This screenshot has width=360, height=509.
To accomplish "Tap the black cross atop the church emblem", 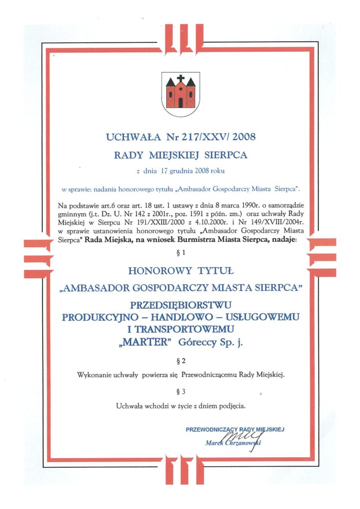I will point(180,79).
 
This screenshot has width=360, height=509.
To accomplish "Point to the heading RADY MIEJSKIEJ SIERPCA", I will point(180,155).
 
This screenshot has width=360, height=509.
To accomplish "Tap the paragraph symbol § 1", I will point(180,253).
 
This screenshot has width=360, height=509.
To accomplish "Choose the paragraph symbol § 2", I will point(180,358).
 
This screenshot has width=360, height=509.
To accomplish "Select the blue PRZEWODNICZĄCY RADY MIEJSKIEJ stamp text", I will point(235,428).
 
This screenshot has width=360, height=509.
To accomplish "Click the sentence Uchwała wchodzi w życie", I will point(180,406).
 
